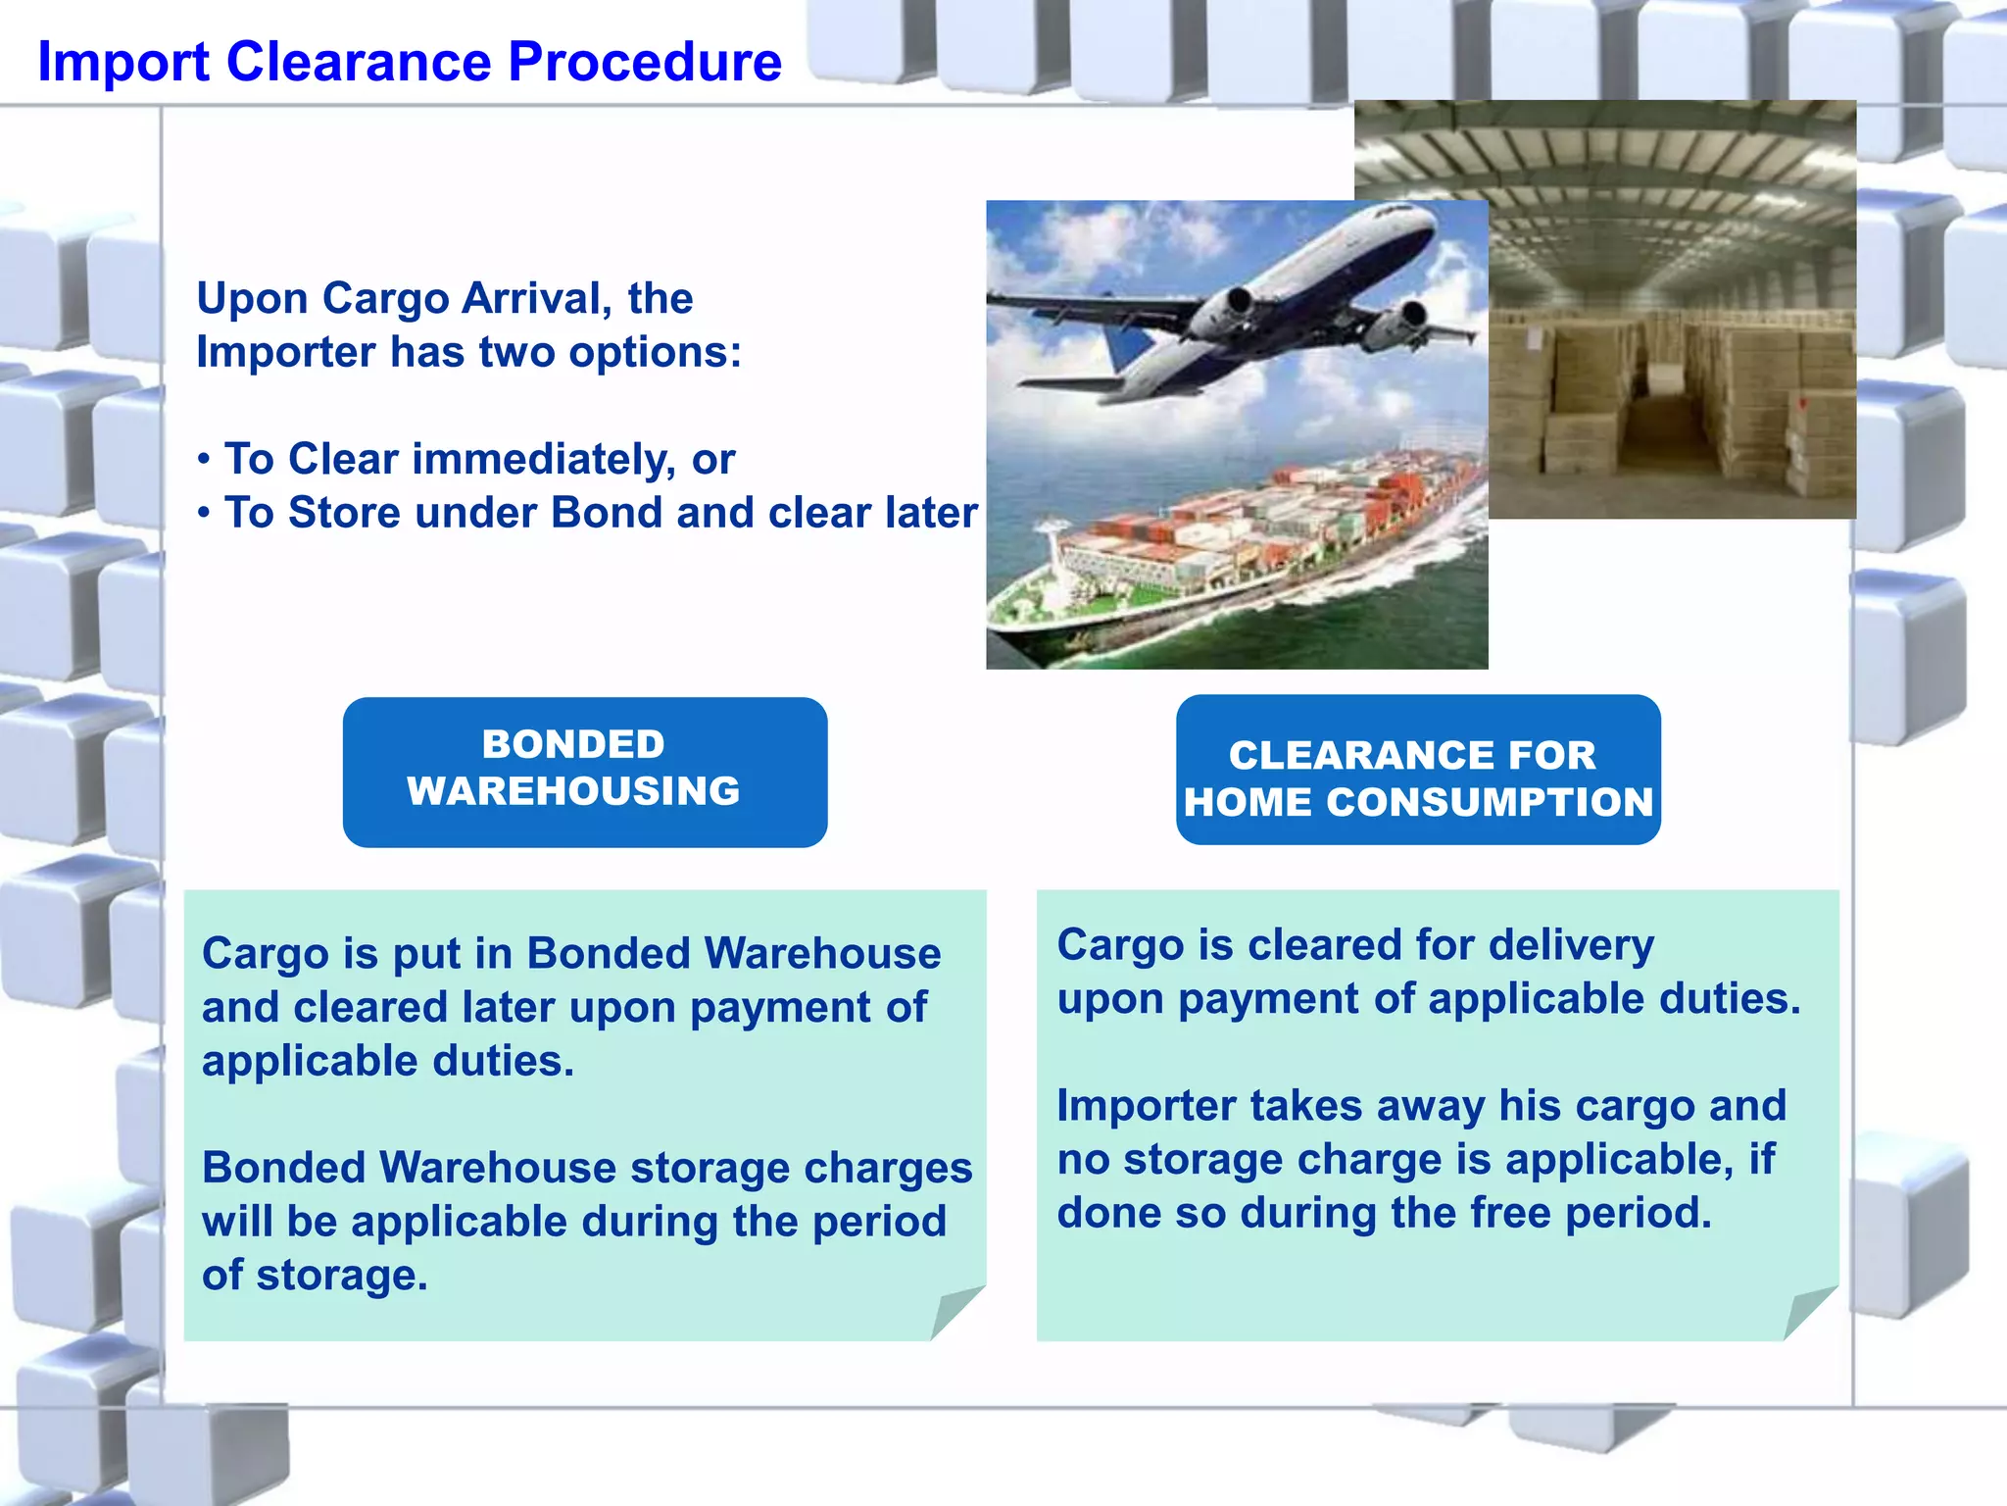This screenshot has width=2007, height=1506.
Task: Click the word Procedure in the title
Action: coord(644,62)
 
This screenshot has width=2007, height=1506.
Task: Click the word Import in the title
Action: coord(123,62)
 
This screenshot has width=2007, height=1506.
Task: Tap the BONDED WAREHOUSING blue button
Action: coord(585,772)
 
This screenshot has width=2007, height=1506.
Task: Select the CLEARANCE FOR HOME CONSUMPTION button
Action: coord(1418,771)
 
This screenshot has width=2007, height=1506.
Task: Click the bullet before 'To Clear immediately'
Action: coord(204,460)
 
